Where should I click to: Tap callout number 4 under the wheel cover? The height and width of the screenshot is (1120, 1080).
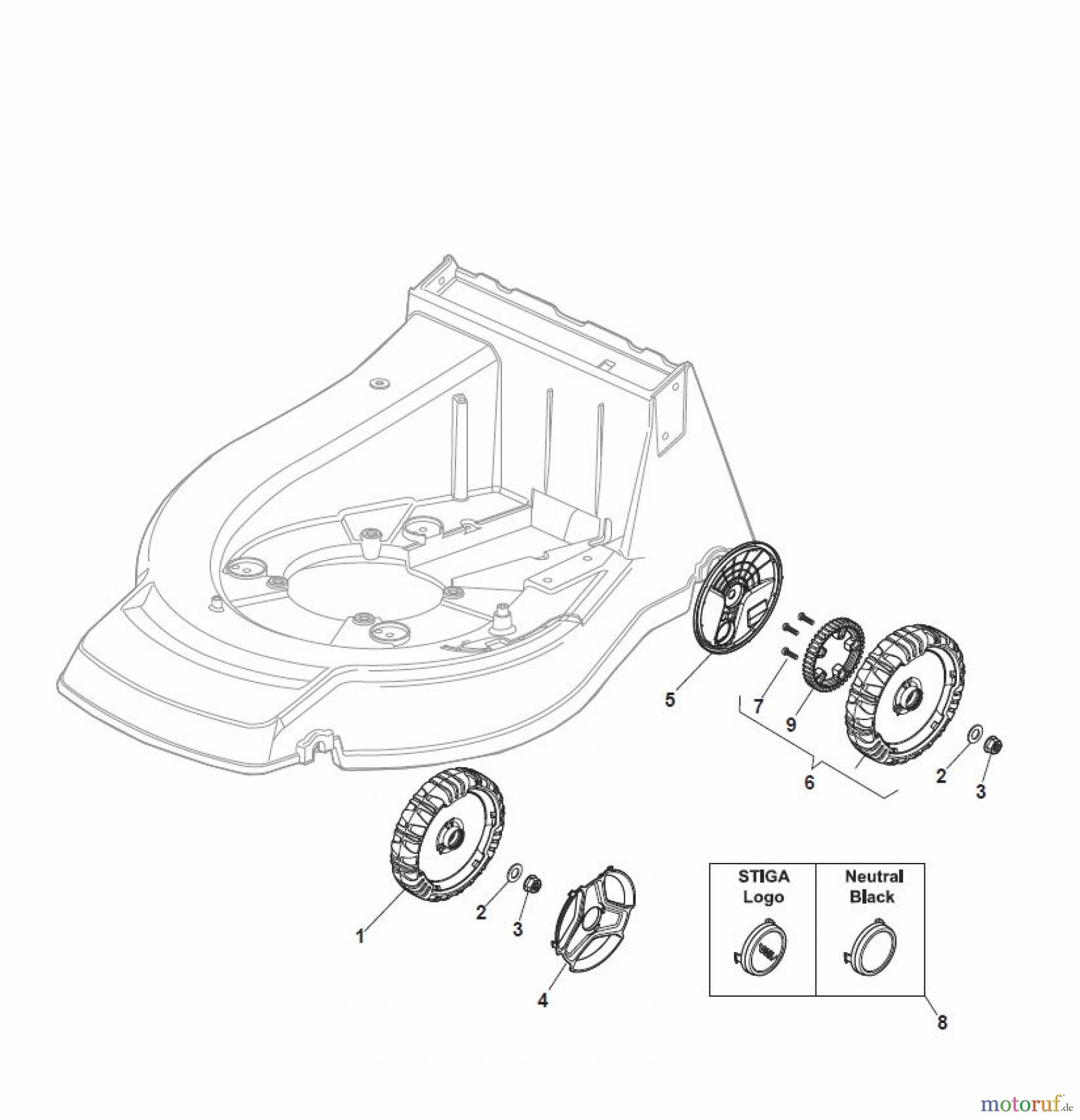pos(543,1018)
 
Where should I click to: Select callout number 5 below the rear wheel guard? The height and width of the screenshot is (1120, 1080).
pos(670,699)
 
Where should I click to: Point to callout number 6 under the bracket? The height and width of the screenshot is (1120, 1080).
pos(809,782)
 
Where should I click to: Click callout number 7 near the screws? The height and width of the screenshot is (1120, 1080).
pos(758,706)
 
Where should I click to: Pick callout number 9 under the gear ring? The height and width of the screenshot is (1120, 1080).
pos(791,725)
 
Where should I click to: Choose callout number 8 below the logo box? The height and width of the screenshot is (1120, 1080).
pos(942,1039)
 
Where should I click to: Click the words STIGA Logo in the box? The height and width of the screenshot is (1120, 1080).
pos(763,887)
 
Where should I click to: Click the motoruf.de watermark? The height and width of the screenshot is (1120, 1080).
pos(1027,1104)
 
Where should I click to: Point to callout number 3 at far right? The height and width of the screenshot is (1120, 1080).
pos(981,792)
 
